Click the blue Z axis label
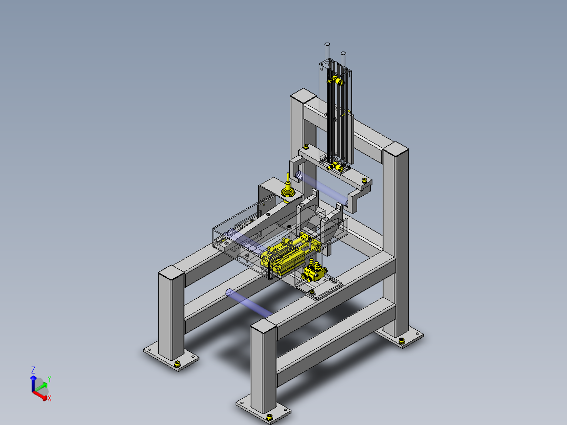(33, 370)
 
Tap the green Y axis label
(49, 379)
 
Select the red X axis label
(49, 398)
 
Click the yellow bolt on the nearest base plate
(269, 419)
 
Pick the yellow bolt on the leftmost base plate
(177, 364)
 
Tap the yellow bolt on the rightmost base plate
(401, 340)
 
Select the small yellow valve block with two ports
(314, 272)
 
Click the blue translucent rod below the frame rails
(249, 303)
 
